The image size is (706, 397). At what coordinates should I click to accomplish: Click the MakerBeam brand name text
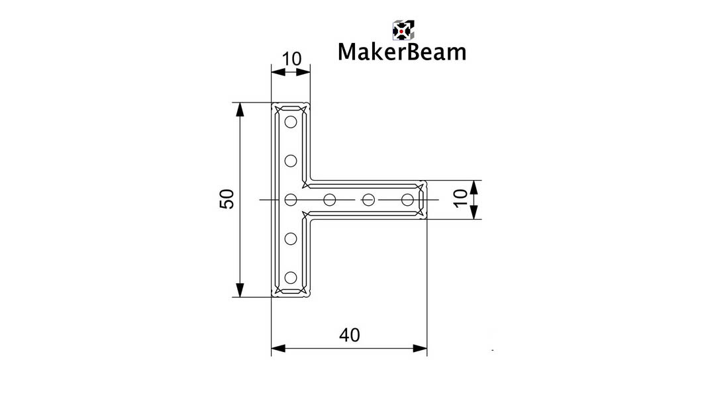[402, 52]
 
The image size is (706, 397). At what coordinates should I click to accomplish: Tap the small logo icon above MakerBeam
[403, 30]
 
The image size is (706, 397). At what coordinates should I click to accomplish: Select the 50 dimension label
[227, 199]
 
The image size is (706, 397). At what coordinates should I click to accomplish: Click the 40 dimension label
[350, 335]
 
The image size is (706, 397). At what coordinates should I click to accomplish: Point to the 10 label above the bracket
[291, 59]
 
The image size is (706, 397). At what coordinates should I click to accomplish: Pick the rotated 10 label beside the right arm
[460, 198]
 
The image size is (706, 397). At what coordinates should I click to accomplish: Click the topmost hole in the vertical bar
[291, 122]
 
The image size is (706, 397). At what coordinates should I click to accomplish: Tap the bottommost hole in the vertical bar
[291, 277]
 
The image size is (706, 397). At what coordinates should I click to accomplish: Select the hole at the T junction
[291, 200]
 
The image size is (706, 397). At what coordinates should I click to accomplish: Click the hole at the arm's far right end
[407, 200]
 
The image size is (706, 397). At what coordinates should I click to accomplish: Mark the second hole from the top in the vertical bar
[291, 161]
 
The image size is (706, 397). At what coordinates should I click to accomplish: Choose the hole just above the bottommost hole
[291, 238]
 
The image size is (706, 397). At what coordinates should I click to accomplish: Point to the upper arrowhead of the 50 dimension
[240, 110]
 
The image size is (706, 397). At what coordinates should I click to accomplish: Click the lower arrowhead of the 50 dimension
[240, 290]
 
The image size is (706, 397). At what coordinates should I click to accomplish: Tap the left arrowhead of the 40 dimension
[279, 349]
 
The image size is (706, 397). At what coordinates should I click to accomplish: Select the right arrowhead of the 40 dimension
[420, 349]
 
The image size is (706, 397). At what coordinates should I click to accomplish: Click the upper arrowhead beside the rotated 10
[474, 187]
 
